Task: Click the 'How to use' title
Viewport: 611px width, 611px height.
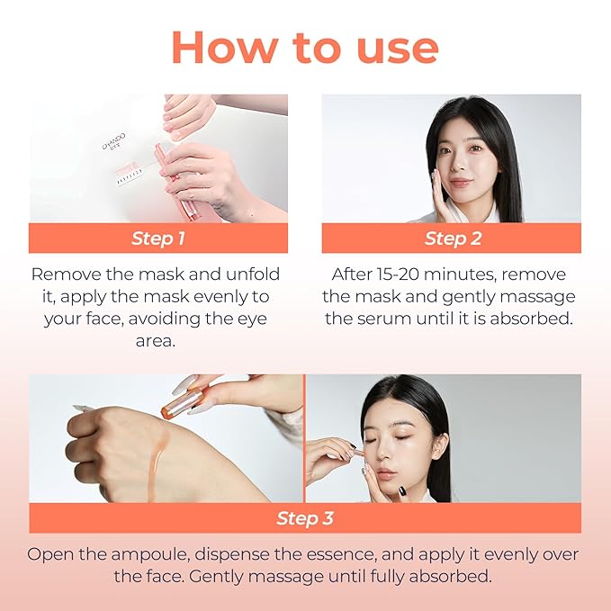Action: click(305, 47)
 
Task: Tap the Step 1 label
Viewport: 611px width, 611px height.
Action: click(158, 238)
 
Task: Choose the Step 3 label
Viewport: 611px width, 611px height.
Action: click(305, 518)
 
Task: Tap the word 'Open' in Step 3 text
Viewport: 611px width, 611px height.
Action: click(49, 554)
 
